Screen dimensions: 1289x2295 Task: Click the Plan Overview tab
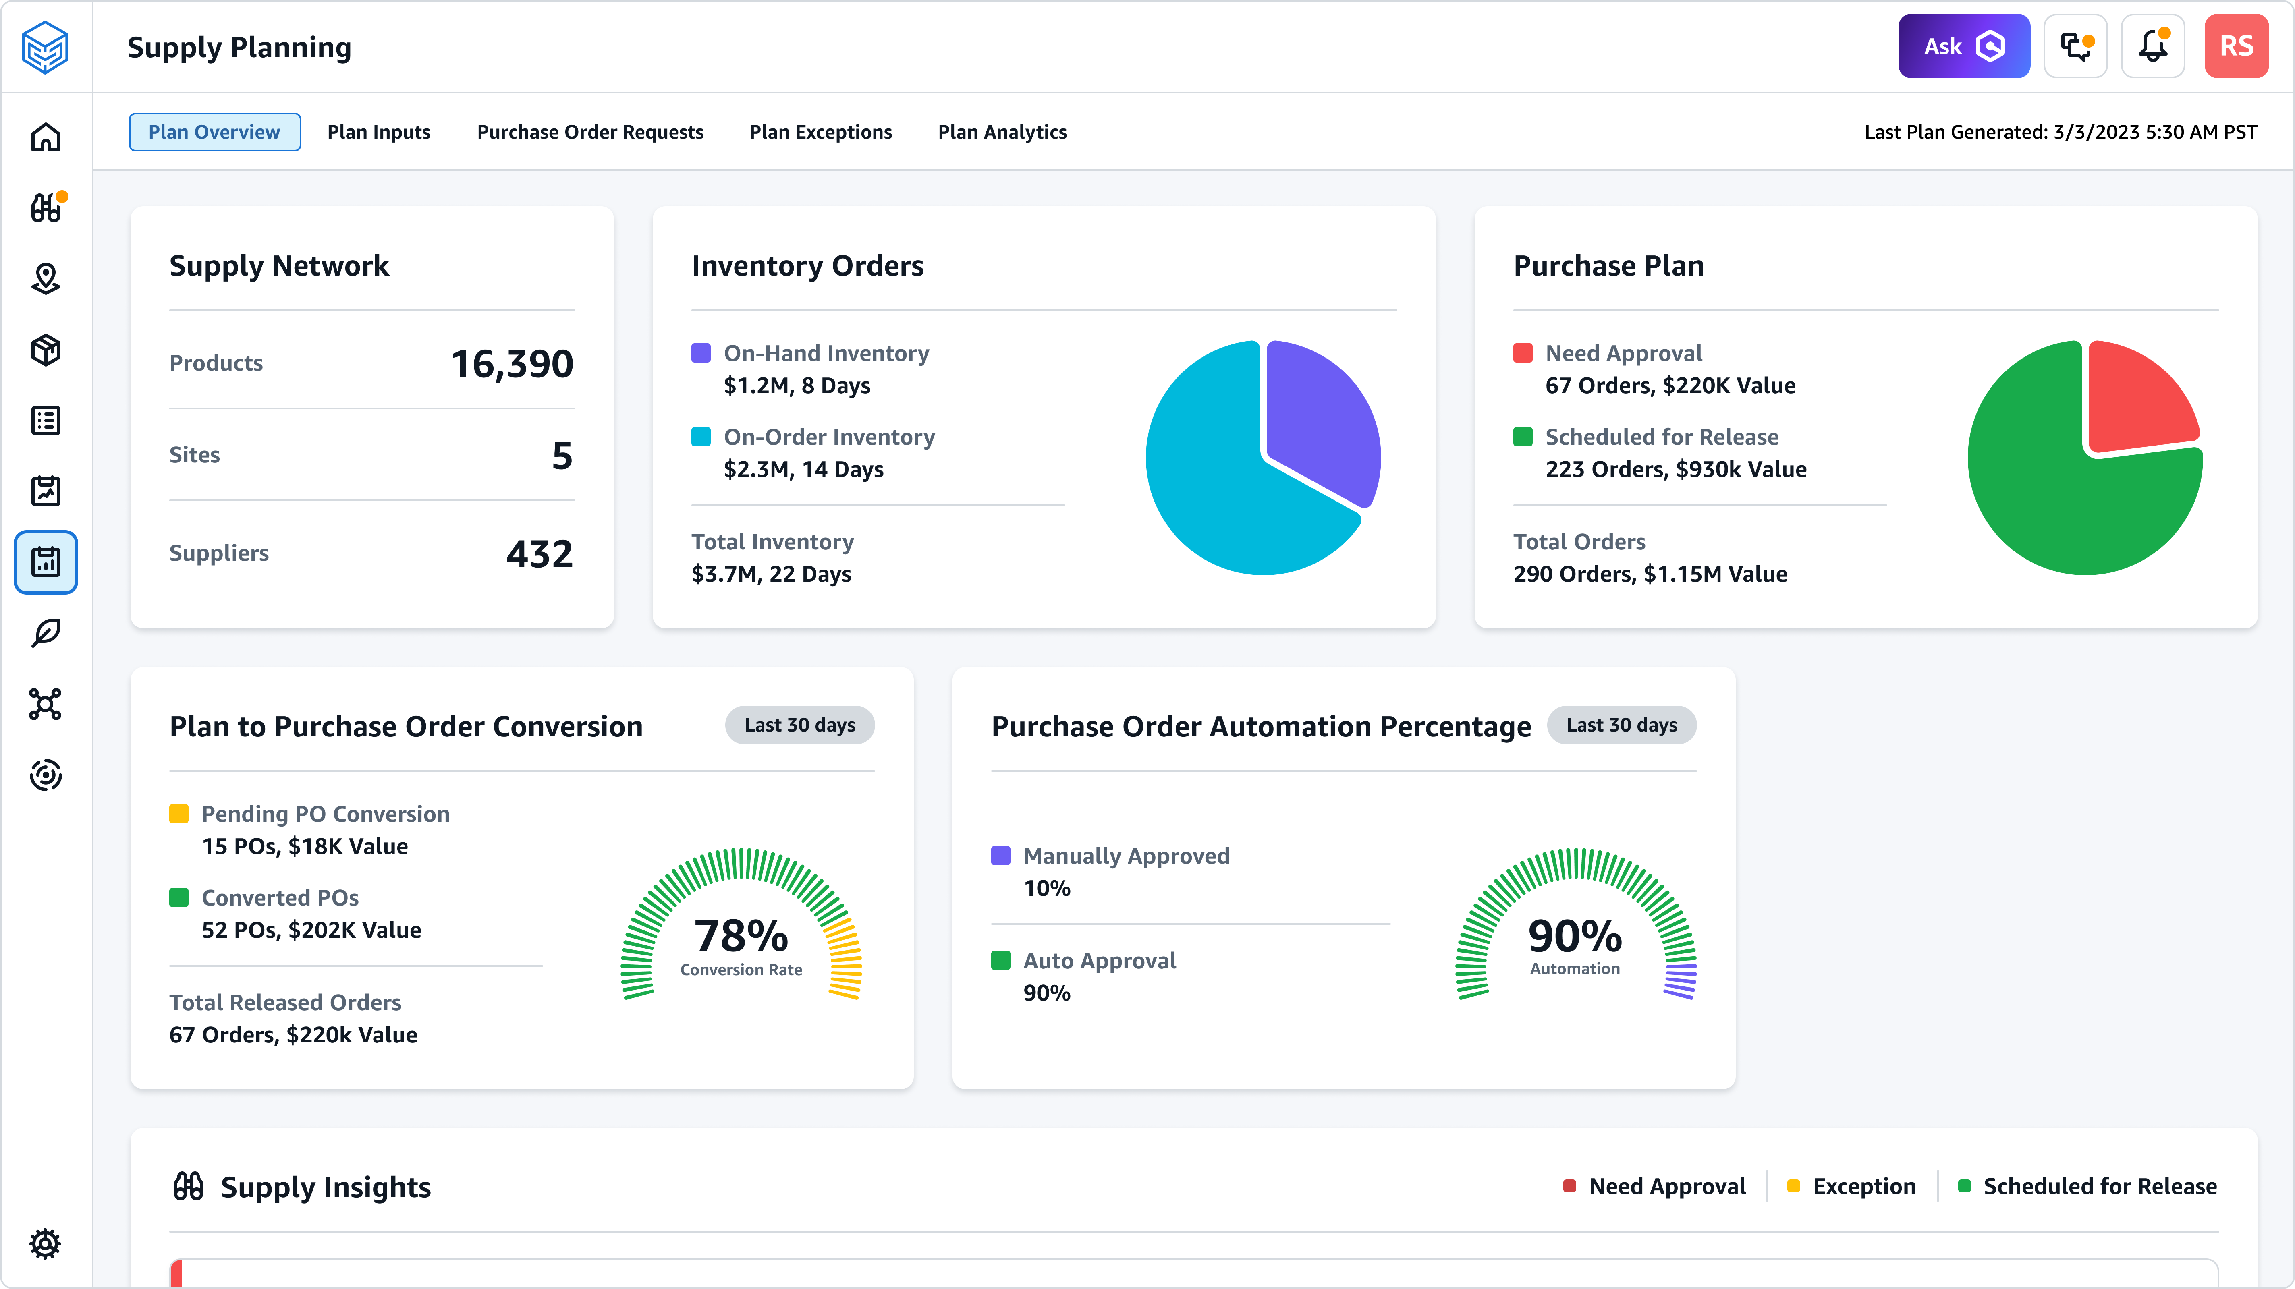pyautogui.click(x=214, y=132)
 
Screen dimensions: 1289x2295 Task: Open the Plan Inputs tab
pyautogui.click(x=379, y=132)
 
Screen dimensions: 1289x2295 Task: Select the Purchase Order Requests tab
pyautogui.click(x=590, y=132)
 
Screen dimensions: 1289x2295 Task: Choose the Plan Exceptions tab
pyautogui.click(x=820, y=132)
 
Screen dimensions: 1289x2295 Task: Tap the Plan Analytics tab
pyautogui.click(x=1002, y=132)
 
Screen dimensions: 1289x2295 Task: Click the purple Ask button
pyautogui.click(x=1963, y=46)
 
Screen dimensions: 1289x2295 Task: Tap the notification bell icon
pyautogui.click(x=2152, y=46)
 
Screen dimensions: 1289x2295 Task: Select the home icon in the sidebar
pyautogui.click(x=46, y=137)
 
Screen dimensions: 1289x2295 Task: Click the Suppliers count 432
pyautogui.click(x=539, y=553)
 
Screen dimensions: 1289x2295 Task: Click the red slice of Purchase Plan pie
pyautogui.click(x=2138, y=401)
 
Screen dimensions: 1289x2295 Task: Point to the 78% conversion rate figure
pyautogui.click(x=740, y=935)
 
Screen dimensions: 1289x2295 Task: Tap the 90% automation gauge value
pyautogui.click(x=1574, y=935)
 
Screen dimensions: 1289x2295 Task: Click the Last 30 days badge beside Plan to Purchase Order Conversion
pyautogui.click(x=799, y=725)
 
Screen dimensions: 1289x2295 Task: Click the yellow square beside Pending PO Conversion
pyautogui.click(x=179, y=813)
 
